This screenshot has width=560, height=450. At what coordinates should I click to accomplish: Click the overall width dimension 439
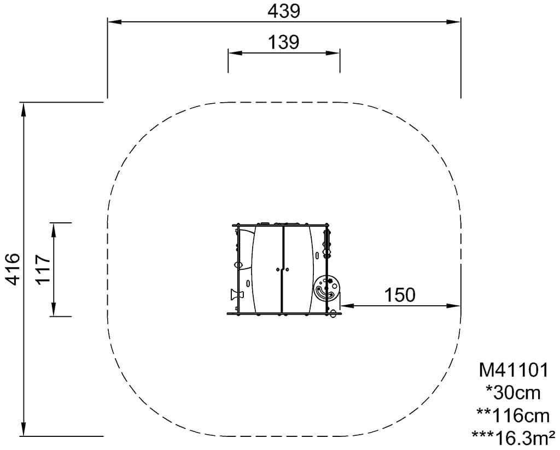pyautogui.click(x=284, y=11)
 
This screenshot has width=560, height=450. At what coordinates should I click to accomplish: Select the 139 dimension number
pyautogui.click(x=284, y=42)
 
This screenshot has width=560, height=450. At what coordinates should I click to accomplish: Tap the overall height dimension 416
pyautogui.click(x=13, y=269)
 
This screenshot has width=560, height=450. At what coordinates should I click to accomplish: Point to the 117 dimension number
pyautogui.click(x=44, y=269)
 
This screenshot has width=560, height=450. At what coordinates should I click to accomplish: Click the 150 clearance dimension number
pyautogui.click(x=400, y=295)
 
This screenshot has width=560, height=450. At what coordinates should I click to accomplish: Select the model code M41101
pyautogui.click(x=513, y=370)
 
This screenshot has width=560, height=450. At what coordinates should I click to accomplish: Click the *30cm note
pyautogui.click(x=513, y=393)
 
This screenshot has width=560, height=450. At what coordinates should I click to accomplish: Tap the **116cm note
pyautogui.click(x=513, y=416)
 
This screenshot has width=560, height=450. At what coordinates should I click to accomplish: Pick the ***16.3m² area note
pyautogui.click(x=513, y=438)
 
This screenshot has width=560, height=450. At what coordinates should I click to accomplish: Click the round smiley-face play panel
pyautogui.click(x=327, y=288)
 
